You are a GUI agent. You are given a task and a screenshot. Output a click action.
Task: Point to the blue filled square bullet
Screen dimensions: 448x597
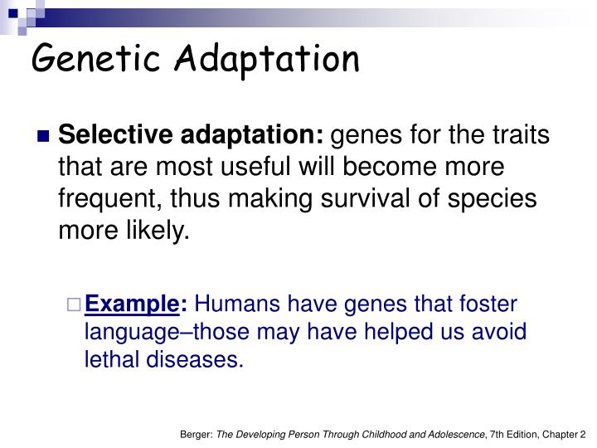44,136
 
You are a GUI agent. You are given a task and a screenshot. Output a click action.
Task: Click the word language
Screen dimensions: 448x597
132,331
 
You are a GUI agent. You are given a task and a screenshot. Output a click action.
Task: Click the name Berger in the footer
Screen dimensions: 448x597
195,433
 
